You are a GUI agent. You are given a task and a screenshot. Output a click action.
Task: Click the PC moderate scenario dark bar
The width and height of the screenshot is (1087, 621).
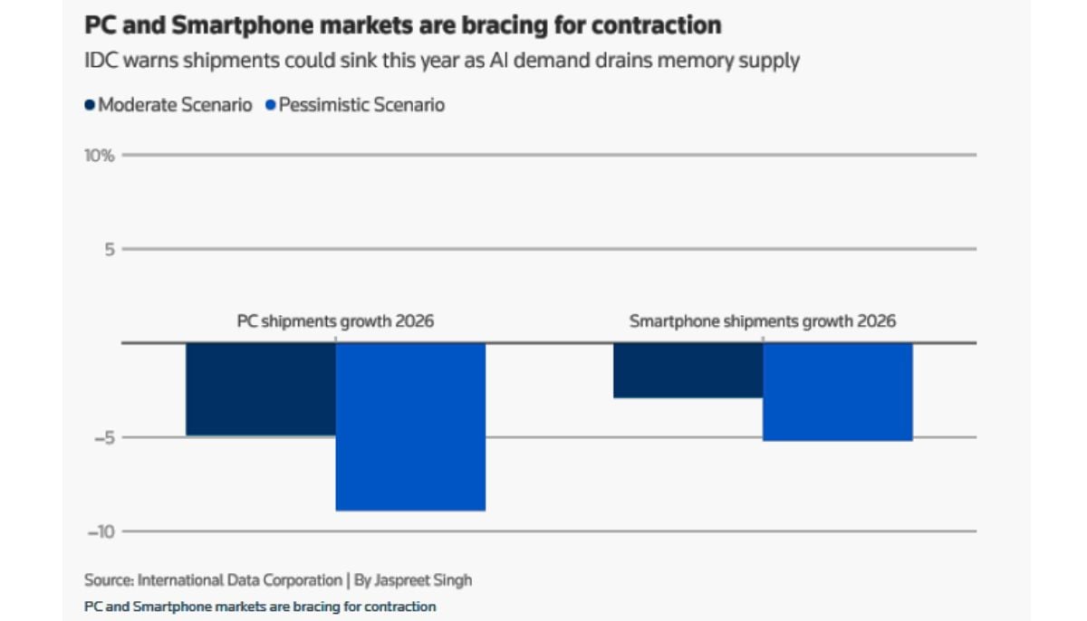[x=261, y=390]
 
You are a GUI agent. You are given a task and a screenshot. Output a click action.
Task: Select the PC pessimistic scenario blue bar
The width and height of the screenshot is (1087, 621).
[x=410, y=426]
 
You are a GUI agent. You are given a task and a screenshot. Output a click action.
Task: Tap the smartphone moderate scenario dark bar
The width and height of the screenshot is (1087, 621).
[x=688, y=370]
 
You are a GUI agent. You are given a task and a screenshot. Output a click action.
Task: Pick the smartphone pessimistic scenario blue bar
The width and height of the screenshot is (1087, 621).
[x=837, y=392]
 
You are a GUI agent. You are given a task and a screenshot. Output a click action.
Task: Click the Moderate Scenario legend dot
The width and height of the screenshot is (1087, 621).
[x=90, y=105]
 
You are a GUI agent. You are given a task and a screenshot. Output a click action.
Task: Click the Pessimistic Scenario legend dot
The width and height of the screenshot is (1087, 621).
[x=270, y=105]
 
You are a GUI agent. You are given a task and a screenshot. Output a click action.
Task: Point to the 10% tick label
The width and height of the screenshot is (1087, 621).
[x=100, y=156]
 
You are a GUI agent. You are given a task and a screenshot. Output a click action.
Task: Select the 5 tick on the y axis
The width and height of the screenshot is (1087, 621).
[x=109, y=249]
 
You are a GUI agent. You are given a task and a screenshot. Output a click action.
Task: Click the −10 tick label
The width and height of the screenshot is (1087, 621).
[x=101, y=531]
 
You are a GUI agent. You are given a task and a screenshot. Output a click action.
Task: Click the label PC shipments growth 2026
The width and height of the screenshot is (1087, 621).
[x=335, y=321]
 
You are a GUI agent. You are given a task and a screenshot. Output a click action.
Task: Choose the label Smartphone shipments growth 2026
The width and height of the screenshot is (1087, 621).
[x=763, y=321]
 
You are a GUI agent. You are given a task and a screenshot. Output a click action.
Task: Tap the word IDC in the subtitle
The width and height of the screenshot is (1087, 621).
[x=100, y=61]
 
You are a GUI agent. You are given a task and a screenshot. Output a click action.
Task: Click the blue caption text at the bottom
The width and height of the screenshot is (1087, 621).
[x=260, y=607]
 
